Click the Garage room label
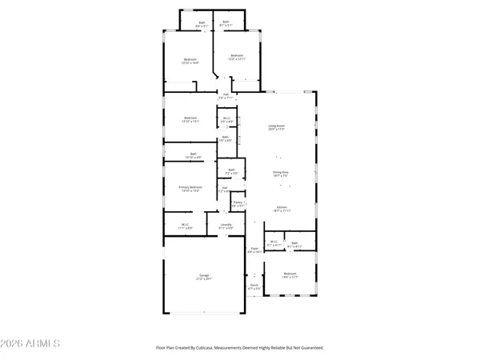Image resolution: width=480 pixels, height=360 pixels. click(x=204, y=275)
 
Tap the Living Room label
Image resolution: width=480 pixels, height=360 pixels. click(x=277, y=126)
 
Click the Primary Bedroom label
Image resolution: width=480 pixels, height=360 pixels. click(x=190, y=186)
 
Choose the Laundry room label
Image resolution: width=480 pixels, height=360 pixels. click(x=226, y=225)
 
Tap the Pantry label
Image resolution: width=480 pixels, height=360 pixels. click(x=238, y=203)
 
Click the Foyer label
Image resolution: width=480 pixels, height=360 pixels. click(x=254, y=249)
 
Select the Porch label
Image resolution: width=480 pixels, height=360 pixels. click(x=254, y=285)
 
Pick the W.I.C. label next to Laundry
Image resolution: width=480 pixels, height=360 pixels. click(x=185, y=225)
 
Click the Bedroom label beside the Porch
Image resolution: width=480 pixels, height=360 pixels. click(x=290, y=274)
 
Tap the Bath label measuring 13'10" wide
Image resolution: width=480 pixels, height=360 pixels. click(x=193, y=154)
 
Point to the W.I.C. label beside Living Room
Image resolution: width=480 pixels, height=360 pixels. click(x=226, y=119)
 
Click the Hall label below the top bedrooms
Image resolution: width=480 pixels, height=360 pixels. click(x=226, y=95)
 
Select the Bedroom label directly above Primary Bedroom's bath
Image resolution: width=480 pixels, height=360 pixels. click(x=190, y=118)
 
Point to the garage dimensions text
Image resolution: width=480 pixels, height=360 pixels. click(x=204, y=279)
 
